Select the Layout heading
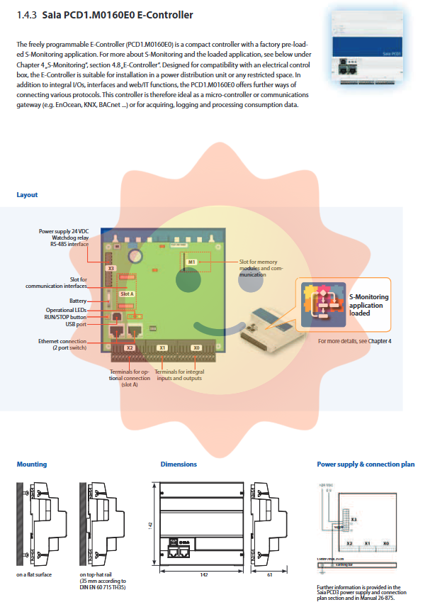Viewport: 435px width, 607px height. (27, 195)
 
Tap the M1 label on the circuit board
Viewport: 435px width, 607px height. (191, 262)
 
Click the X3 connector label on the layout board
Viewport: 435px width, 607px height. (111, 269)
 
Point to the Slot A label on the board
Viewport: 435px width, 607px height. (128, 294)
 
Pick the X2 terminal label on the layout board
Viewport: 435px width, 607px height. (129, 348)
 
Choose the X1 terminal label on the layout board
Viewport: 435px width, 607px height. (162, 348)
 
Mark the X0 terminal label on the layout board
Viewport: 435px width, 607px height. (196, 348)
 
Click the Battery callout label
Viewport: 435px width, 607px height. (78, 301)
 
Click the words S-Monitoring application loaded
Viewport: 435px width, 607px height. (368, 305)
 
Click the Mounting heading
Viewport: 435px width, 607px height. (32, 464)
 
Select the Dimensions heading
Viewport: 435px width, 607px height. (179, 464)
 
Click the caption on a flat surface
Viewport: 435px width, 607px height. (34, 574)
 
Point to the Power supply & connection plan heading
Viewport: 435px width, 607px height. (366, 464)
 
